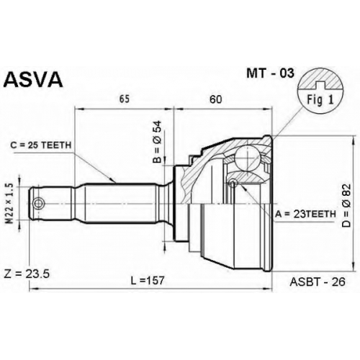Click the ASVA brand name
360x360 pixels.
click(x=33, y=80)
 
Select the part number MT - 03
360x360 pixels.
click(x=270, y=73)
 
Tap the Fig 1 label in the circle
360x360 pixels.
click(x=320, y=99)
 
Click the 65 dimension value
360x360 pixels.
click(x=125, y=99)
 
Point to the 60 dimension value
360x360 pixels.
click(x=215, y=99)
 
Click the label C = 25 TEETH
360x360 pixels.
click(x=41, y=145)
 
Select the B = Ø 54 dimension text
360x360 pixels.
click(x=158, y=142)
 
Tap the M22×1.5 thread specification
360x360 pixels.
click(x=9, y=204)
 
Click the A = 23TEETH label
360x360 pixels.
click(x=305, y=214)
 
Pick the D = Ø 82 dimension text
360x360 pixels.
click(x=346, y=205)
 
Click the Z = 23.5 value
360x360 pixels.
click(x=27, y=274)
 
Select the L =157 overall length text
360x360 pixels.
click(x=148, y=280)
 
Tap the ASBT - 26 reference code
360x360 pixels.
click(x=318, y=282)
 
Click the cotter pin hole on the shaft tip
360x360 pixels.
click(x=38, y=204)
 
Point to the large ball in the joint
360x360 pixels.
click(x=246, y=158)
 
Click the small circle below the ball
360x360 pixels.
click(x=233, y=184)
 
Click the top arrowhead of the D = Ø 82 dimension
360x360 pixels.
click(x=353, y=140)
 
